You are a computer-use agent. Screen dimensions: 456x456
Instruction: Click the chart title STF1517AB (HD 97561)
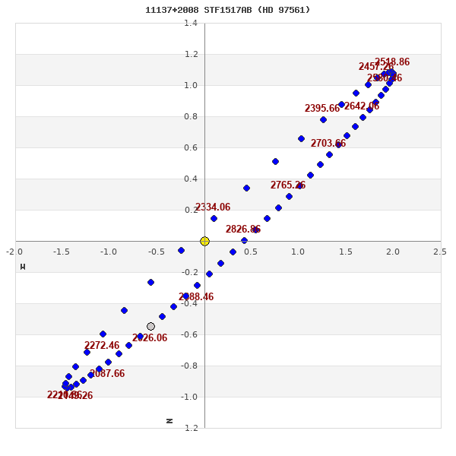pyautogui.click(x=227, y=10)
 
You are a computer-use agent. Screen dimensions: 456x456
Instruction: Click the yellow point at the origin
pyautogui.click(x=204, y=241)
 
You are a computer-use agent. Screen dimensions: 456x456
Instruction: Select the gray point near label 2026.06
pyautogui.click(x=150, y=326)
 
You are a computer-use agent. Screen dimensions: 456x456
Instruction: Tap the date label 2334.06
pyautogui.click(x=213, y=207)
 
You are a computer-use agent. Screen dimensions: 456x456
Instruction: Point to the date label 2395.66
pyautogui.click(x=322, y=109)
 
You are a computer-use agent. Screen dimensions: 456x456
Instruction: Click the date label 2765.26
pyautogui.click(x=288, y=185)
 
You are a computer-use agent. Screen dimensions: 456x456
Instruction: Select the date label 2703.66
pyautogui.click(x=328, y=144)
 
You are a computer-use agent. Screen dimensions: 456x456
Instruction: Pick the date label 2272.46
pyautogui.click(x=102, y=346)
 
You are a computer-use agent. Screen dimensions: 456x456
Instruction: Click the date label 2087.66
pyautogui.click(x=107, y=374)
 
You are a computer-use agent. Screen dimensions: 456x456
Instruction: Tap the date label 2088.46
pyautogui.click(x=196, y=297)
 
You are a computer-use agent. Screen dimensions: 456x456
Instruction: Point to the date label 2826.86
pyautogui.click(x=243, y=230)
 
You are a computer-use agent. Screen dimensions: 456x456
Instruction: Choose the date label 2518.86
pyautogui.click(x=392, y=62)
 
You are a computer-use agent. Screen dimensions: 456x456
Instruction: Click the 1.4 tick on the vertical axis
pyautogui.click(x=191, y=23)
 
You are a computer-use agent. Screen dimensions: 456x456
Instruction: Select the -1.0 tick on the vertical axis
pyautogui.click(x=189, y=397)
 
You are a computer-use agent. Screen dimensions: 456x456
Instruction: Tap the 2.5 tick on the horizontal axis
pyautogui.click(x=440, y=252)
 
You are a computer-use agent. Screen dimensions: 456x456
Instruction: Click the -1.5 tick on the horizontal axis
pyautogui.click(x=62, y=252)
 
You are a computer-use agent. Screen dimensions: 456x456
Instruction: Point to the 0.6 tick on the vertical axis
pyautogui.click(x=191, y=147)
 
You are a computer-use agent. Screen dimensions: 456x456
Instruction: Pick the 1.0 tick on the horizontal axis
pyautogui.click(x=298, y=252)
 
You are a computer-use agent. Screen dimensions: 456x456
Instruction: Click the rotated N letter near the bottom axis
pyautogui.click(x=169, y=420)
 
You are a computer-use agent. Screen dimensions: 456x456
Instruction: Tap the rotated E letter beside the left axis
pyautogui.click(x=23, y=267)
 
